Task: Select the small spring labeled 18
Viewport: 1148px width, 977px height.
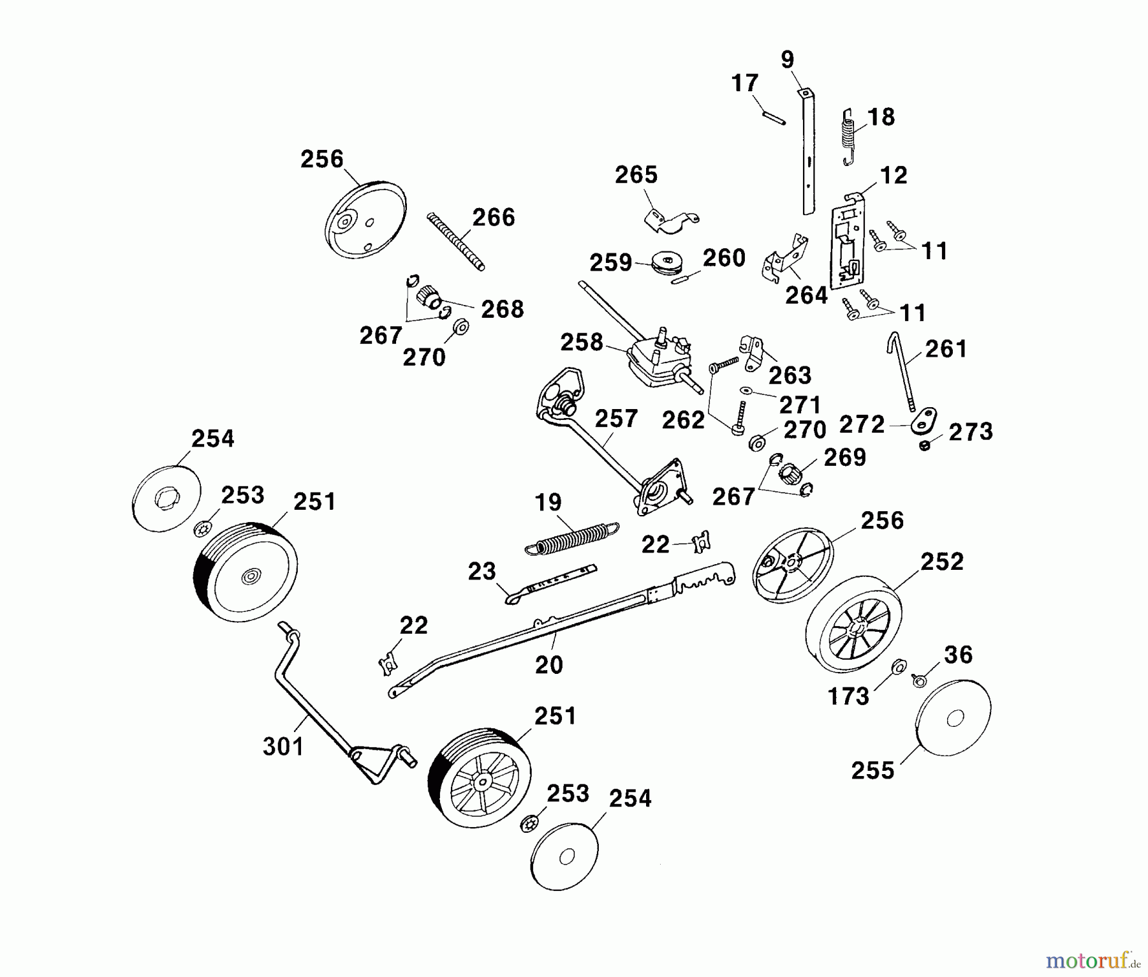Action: tap(849, 137)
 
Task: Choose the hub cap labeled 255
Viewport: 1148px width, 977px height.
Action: tap(953, 719)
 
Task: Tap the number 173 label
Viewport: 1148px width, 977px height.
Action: tap(848, 696)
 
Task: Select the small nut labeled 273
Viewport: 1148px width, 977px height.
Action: tap(924, 445)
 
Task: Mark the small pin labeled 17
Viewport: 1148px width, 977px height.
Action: tap(774, 119)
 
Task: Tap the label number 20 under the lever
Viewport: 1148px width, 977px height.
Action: tap(548, 664)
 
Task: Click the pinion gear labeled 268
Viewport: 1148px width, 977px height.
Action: tap(427, 297)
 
